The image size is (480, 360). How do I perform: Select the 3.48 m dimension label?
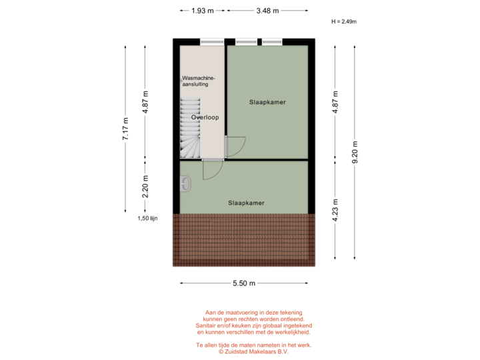click(x=267, y=11)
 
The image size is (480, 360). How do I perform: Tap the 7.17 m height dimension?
click(x=125, y=128)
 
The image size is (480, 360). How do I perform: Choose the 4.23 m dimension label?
click(x=335, y=207)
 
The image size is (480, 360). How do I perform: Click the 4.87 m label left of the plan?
click(x=146, y=102)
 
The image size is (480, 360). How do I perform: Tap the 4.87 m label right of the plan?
click(x=335, y=102)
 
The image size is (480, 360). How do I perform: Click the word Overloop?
click(x=205, y=117)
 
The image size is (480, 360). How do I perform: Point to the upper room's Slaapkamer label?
click(x=267, y=102)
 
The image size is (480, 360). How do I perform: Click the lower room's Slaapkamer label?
click(x=246, y=203)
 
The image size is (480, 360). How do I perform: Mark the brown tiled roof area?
click(x=244, y=239)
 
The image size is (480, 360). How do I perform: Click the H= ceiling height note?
click(x=344, y=21)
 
